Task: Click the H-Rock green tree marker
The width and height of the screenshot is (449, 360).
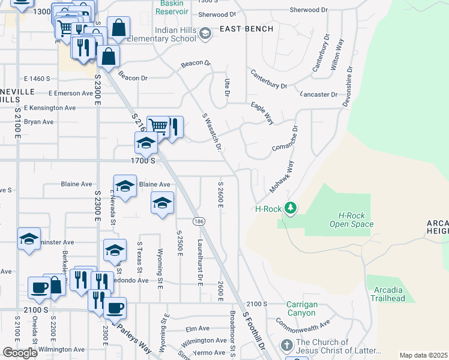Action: click(x=291, y=208)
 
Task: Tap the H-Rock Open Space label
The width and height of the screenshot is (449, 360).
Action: click(x=351, y=220)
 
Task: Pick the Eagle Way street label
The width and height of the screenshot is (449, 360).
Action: click(x=262, y=113)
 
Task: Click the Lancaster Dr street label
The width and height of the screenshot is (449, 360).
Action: click(x=318, y=95)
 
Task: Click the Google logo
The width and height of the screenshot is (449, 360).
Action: click(x=20, y=352)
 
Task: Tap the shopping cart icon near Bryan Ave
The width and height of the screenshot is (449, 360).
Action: click(x=158, y=126)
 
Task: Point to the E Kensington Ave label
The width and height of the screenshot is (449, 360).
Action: click(x=54, y=108)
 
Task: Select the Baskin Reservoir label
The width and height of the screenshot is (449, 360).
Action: click(x=171, y=8)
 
